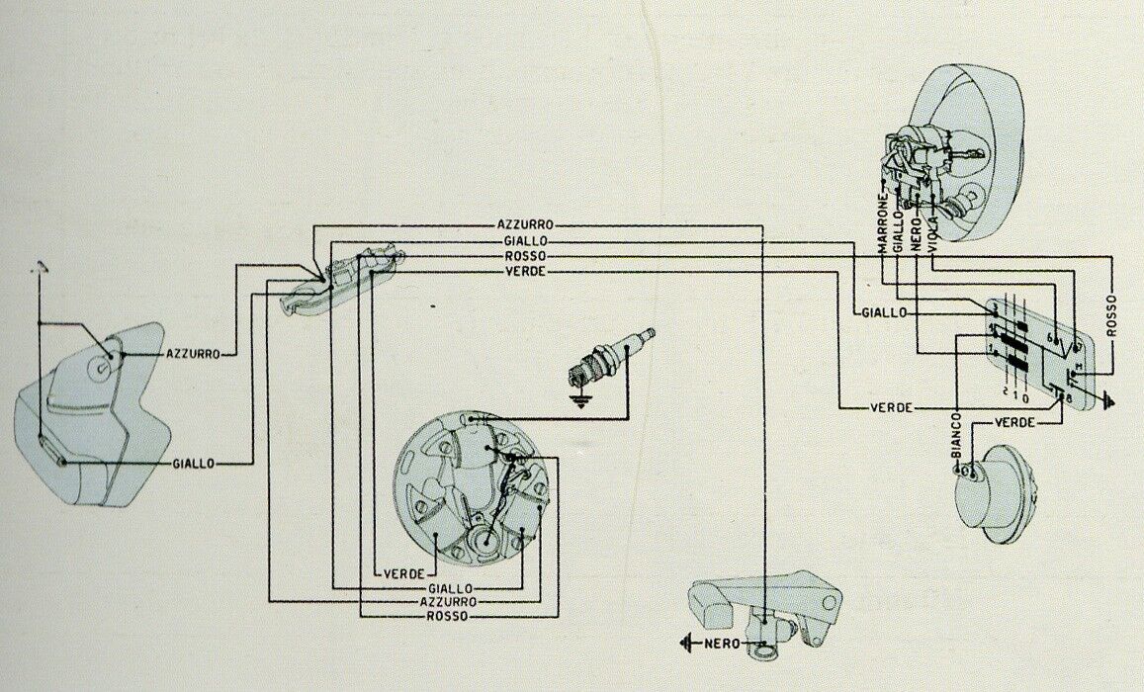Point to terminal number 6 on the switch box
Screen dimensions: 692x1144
click(1052, 336)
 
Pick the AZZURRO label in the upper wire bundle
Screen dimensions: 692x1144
click(524, 224)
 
